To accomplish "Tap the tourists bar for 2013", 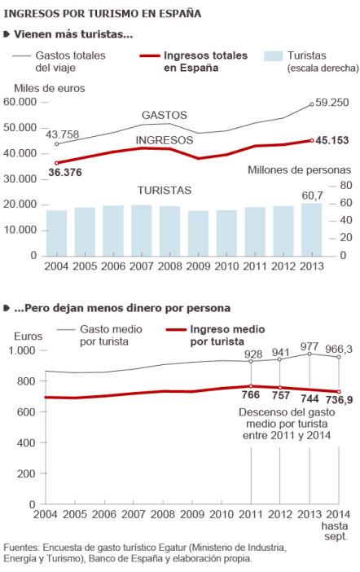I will [x=311, y=230].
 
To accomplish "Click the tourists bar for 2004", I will [x=56, y=233].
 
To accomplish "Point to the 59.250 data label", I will [x=332, y=103].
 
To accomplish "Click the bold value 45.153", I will [x=332, y=140].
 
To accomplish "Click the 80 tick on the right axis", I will [x=345, y=179].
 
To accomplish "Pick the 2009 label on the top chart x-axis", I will [x=198, y=266].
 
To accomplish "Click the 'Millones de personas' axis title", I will [x=299, y=169].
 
